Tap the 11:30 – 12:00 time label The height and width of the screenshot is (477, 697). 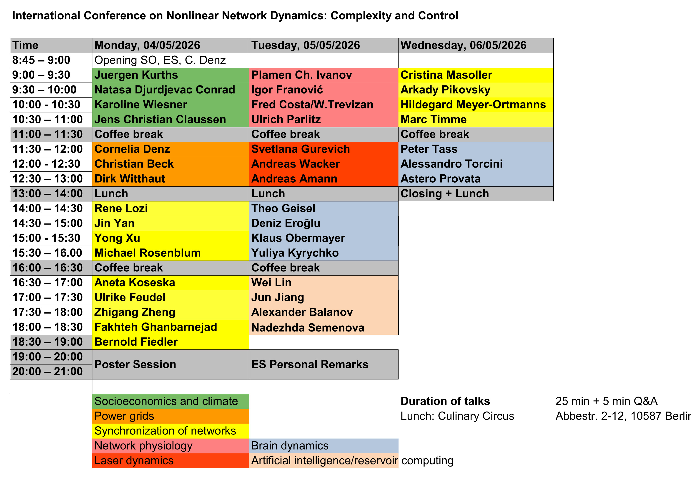tap(47, 149)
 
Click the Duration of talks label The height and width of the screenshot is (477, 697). tap(445, 401)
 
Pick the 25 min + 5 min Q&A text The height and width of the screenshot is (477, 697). tap(607, 401)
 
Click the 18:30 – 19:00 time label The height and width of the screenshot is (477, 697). tap(47, 342)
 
